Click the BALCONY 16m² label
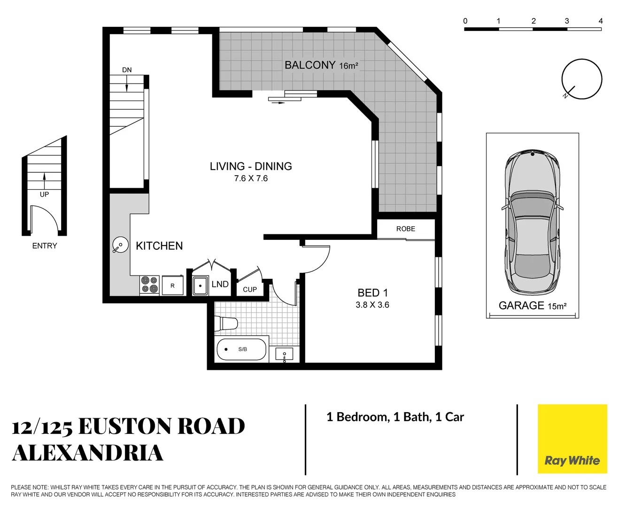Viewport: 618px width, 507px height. (x=321, y=65)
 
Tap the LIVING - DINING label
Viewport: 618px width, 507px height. (x=251, y=166)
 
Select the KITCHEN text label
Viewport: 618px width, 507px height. (x=159, y=246)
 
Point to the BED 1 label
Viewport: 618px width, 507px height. (x=372, y=293)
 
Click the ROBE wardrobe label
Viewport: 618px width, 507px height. (x=406, y=229)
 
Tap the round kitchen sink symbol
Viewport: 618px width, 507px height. (x=121, y=245)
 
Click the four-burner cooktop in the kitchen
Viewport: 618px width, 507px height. (x=150, y=285)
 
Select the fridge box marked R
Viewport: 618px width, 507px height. (x=172, y=285)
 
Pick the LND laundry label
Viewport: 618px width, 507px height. (x=220, y=284)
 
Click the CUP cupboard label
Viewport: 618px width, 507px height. (x=250, y=290)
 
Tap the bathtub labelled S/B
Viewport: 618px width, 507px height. (x=241, y=349)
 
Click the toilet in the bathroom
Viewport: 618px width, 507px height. (x=226, y=323)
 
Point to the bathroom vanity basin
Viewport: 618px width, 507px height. (x=284, y=354)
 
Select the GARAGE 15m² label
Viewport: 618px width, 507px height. (x=532, y=306)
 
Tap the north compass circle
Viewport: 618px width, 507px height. (x=582, y=79)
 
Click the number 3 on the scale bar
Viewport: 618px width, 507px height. (x=567, y=21)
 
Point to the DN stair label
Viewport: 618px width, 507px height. (x=127, y=70)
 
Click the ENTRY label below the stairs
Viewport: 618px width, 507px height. (x=45, y=246)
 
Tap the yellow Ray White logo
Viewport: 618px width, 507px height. (x=572, y=439)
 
